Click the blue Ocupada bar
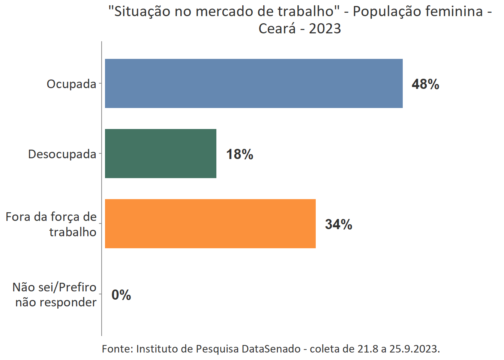[x=253, y=83]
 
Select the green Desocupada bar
[x=160, y=153]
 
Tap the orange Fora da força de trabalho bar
[x=210, y=223]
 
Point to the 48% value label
[x=425, y=84]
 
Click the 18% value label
[x=240, y=154]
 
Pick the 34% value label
[x=339, y=224]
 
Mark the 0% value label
[x=121, y=295]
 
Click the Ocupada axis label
[x=71, y=84]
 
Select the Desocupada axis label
[x=62, y=154]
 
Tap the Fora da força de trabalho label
[x=51, y=224]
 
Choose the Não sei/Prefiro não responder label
[x=55, y=294]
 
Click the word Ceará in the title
[x=277, y=28]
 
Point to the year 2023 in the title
[x=325, y=28]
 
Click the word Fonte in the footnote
[x=117, y=349]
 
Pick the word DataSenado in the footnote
[x=271, y=349]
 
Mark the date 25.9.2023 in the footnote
[x=414, y=349]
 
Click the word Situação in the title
[x=139, y=11]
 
